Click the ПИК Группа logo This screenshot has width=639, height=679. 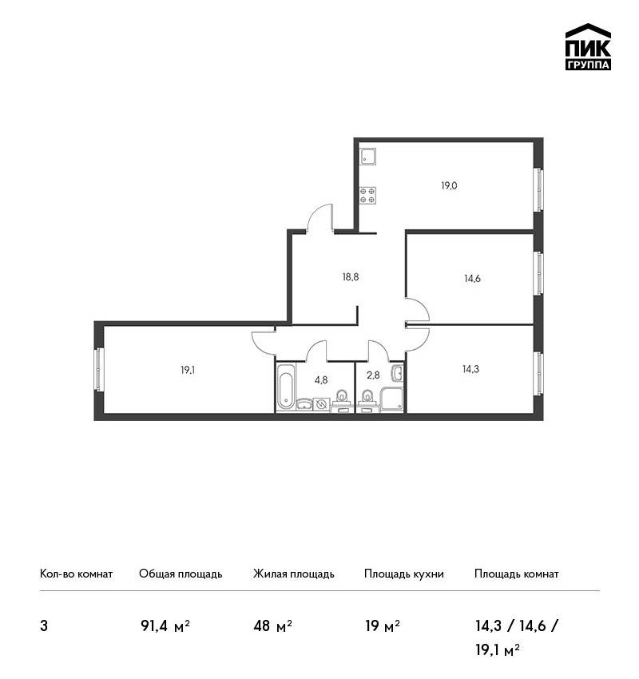588,47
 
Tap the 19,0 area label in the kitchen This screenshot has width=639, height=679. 449,186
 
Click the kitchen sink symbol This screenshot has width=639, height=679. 368,156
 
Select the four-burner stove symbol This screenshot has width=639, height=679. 368,195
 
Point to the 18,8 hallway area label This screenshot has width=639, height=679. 351,276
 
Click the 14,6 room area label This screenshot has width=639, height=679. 472,279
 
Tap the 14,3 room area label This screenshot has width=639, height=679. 471,369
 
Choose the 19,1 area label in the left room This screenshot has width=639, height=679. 188,370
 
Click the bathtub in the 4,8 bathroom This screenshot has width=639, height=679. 286,387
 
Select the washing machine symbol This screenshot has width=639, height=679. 321,404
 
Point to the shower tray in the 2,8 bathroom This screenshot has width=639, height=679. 392,399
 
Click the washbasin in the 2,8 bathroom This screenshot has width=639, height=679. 397,373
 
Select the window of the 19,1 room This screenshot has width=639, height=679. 99,369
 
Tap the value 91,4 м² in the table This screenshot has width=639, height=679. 165,625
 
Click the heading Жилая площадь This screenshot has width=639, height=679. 293,574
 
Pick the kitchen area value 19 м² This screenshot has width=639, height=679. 383,625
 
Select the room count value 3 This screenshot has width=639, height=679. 44,626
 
